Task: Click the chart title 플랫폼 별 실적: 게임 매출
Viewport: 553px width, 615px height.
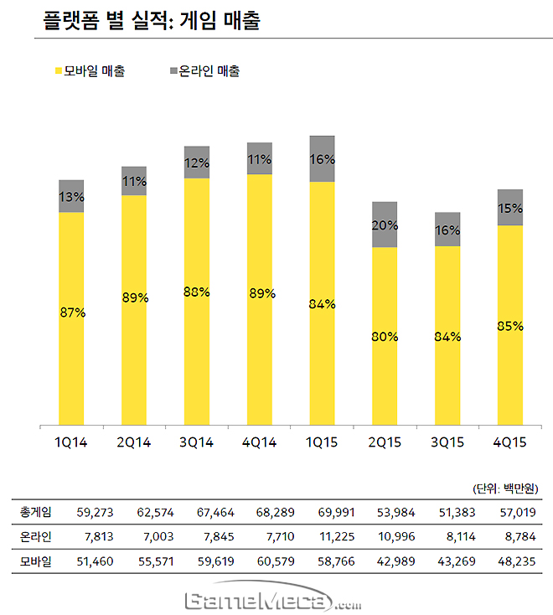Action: pos(150,20)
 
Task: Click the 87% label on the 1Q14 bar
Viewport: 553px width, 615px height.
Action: pos(71,313)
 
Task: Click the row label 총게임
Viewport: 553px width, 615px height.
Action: pos(35,511)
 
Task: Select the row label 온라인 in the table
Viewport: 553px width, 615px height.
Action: pos(35,536)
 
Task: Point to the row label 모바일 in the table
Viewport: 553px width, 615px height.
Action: pos(35,561)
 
